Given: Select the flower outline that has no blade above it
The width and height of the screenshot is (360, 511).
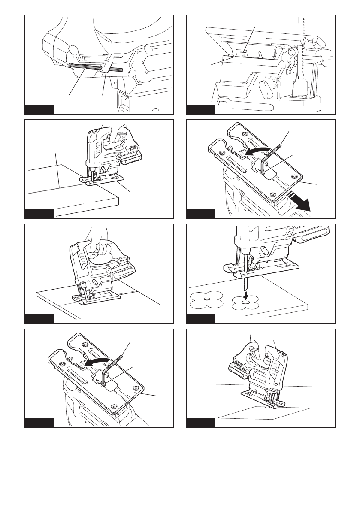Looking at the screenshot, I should click(206, 300).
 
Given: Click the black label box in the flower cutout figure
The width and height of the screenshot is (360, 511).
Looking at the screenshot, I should click(201, 318).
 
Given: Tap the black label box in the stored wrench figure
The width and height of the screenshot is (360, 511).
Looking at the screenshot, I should click(39, 109).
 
